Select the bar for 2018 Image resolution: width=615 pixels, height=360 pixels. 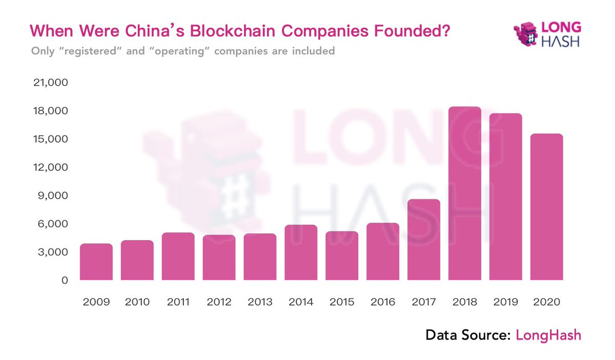[x=464, y=194]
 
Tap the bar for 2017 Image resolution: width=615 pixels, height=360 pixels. [x=423, y=240]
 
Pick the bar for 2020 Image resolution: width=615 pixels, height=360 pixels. [x=546, y=207]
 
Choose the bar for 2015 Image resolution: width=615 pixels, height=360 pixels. [x=342, y=256]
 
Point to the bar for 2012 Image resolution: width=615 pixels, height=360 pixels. [x=219, y=258]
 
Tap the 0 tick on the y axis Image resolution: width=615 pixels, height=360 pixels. [x=65, y=280]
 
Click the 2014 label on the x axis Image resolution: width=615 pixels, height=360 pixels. [x=301, y=302]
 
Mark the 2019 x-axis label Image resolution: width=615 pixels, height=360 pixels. [x=505, y=302]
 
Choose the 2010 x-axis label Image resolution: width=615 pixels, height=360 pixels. [x=137, y=302]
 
